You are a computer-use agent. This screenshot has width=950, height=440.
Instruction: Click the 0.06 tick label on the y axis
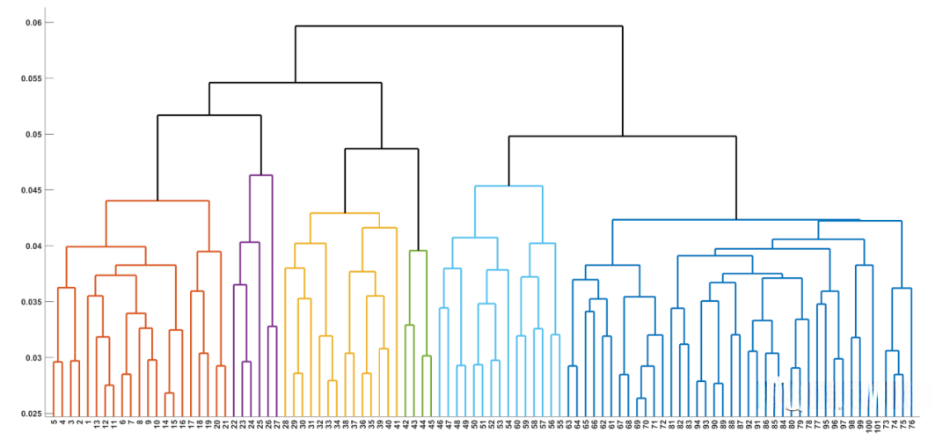point(32,22)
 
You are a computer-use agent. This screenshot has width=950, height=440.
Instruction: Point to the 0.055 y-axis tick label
point(30,78)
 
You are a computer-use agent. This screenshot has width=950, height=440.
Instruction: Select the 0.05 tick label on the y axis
point(32,135)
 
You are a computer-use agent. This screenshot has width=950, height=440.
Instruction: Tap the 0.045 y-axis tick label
point(30,190)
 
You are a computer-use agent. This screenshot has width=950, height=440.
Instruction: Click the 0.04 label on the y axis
point(32,246)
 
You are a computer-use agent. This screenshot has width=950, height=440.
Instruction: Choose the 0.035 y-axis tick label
point(30,302)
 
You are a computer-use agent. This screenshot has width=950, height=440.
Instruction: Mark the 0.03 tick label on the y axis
point(32,358)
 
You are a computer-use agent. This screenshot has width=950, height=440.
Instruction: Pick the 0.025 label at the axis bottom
point(30,414)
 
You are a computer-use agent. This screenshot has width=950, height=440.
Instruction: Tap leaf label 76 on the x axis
point(911,424)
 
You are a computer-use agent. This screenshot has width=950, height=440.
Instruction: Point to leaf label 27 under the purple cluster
point(277,424)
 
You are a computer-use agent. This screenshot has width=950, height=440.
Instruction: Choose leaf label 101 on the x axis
point(877,426)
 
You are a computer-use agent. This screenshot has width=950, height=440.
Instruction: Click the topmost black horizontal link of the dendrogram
point(458,26)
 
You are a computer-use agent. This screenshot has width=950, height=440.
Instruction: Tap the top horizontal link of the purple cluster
point(261,175)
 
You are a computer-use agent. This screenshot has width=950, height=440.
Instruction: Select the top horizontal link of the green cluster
point(418,251)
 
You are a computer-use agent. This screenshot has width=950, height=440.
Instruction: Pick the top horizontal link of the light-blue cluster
point(508,186)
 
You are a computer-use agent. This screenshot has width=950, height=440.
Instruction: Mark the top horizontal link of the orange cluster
point(157,202)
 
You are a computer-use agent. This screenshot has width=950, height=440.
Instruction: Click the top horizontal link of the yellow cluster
point(344,213)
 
